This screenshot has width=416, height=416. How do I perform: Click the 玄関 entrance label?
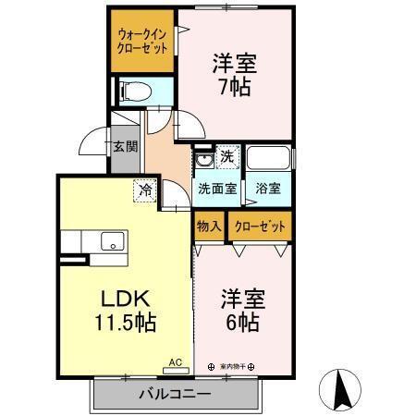126,145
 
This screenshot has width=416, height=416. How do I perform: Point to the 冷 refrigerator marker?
145,189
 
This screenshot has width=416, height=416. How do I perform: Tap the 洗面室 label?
217,189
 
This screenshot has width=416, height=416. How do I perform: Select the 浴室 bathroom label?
268,189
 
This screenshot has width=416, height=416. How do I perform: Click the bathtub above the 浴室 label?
269,158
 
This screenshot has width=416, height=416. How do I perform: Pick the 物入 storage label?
208,226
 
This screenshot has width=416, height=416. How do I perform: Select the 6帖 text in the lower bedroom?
244,324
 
